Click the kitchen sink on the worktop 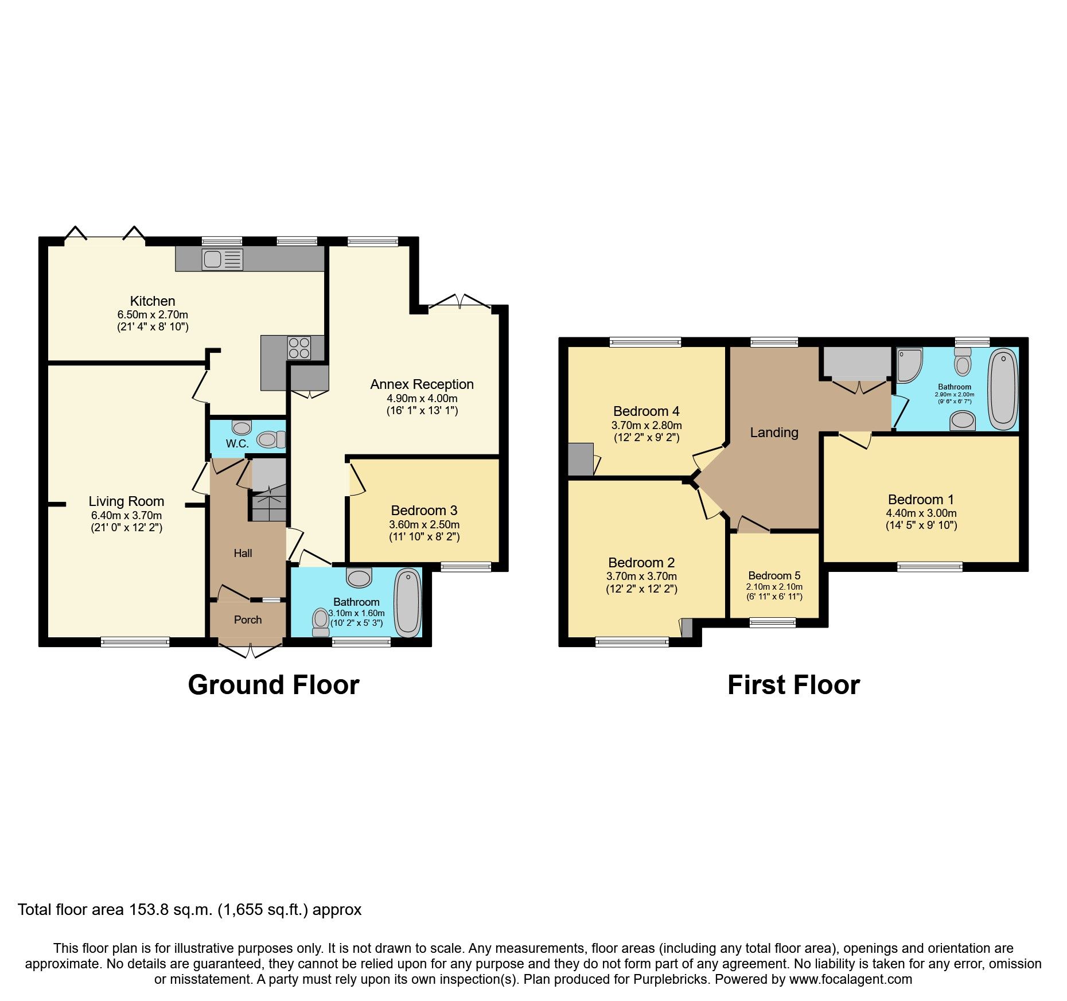pyautogui.click(x=221, y=259)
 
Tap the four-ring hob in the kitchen pyautogui.click(x=299, y=348)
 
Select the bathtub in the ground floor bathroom pyautogui.click(x=408, y=602)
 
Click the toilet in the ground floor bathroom pyautogui.click(x=321, y=622)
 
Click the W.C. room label pyautogui.click(x=237, y=443)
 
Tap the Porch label pyautogui.click(x=248, y=620)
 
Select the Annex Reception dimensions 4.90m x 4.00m pyautogui.click(x=422, y=398)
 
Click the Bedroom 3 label pyautogui.click(x=424, y=510)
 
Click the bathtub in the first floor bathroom pyautogui.click(x=1003, y=389)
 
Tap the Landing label pyautogui.click(x=774, y=433)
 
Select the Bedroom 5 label pyautogui.click(x=774, y=575)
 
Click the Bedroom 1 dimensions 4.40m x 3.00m pyautogui.click(x=921, y=513)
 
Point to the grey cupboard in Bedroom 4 pyautogui.click(x=581, y=459)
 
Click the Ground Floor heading pyautogui.click(x=274, y=685)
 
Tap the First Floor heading pyautogui.click(x=793, y=685)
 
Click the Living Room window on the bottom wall pyautogui.click(x=135, y=642)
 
